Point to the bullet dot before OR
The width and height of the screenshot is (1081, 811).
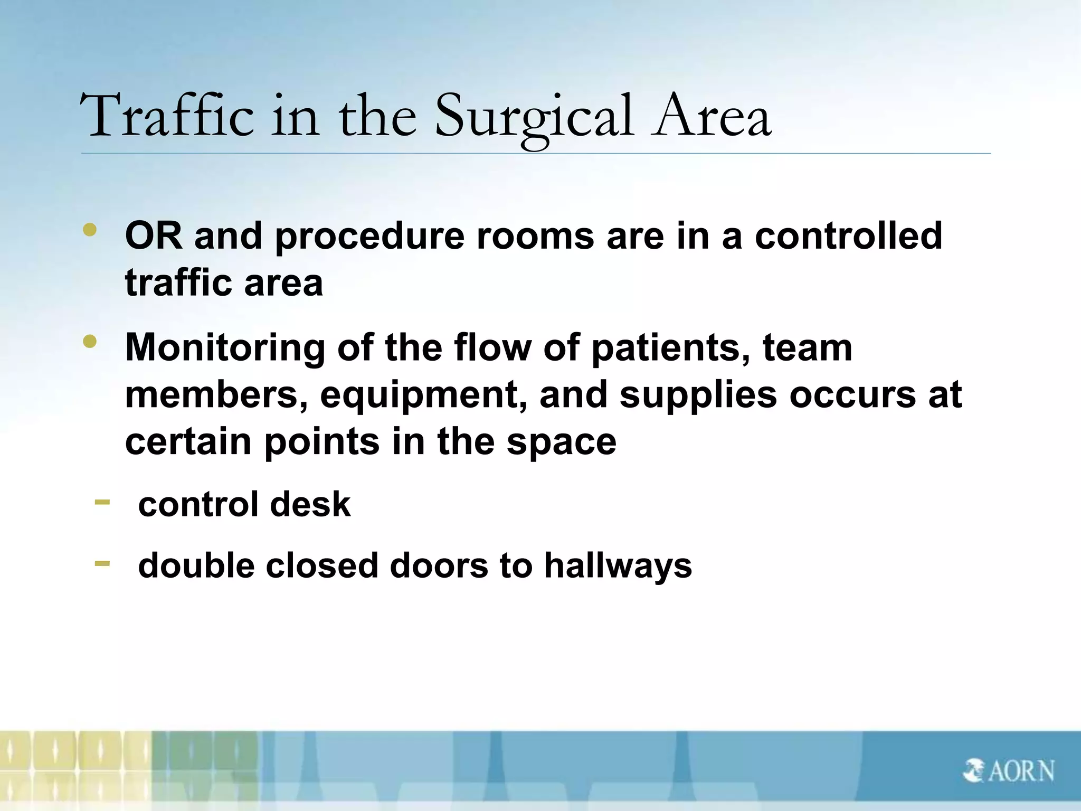pyautogui.click(x=90, y=230)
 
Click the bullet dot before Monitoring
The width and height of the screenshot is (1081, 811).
pyautogui.click(x=90, y=342)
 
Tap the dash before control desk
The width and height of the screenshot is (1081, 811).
pyautogui.click(x=102, y=502)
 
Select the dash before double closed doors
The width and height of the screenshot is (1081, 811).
pyautogui.click(x=102, y=564)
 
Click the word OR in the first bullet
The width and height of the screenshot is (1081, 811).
pyautogui.click(x=154, y=236)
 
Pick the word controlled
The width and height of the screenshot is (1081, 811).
pyautogui.click(x=848, y=236)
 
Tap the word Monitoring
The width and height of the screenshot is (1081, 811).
pyautogui.click(x=225, y=348)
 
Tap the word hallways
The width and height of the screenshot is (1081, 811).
pyautogui.click(x=618, y=566)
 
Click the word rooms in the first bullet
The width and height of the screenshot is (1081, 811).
pyautogui.click(x=535, y=236)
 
